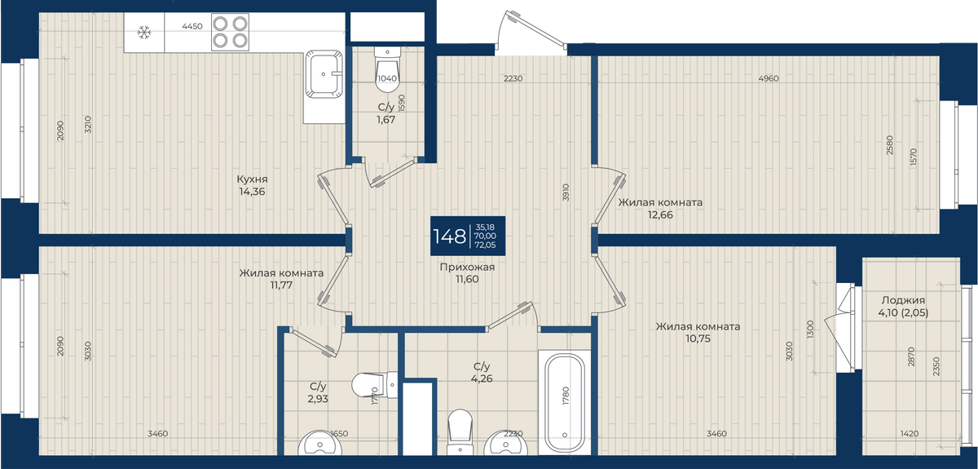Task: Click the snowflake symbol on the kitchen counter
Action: point(144,32)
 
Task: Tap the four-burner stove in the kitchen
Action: point(230,32)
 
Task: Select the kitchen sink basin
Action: point(324,74)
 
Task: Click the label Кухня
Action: point(252,179)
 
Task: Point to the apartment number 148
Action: point(449,237)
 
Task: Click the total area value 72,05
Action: point(485,246)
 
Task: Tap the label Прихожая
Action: point(467,267)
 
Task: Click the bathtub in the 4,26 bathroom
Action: point(565,403)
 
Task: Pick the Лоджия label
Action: point(903,300)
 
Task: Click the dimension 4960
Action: point(769,78)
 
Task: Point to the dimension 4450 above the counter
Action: point(192,26)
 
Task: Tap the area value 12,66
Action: point(660,215)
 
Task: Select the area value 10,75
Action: point(698,338)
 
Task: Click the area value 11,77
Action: point(281,285)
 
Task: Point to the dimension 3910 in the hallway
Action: point(566,192)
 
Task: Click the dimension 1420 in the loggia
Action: point(910,434)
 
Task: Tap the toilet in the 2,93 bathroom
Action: point(375,385)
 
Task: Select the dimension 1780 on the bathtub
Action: point(566,396)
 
